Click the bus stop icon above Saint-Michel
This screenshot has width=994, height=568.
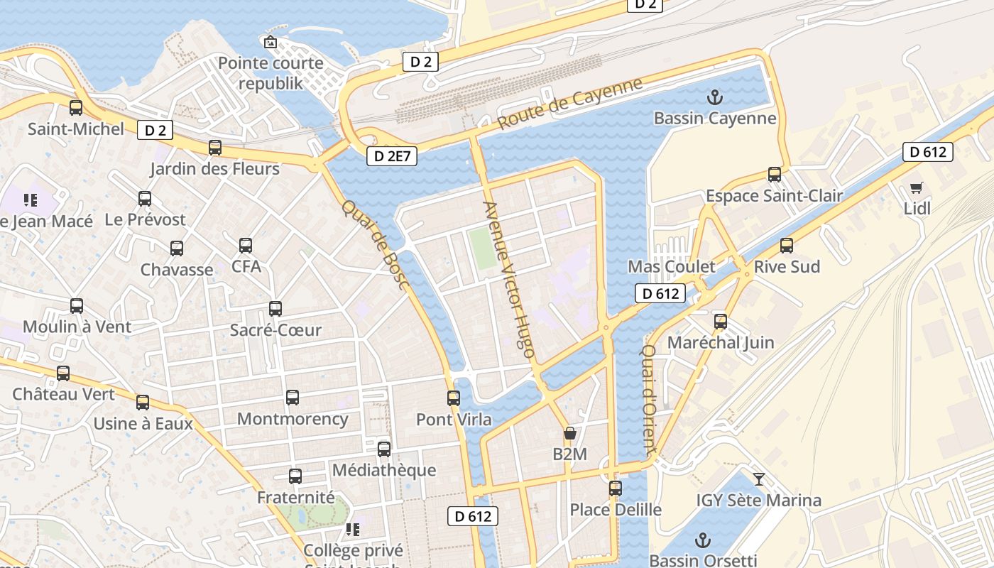pos(76,108)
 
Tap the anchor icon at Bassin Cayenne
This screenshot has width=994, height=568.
pos(715,97)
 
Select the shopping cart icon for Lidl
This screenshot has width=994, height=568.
pos(917,188)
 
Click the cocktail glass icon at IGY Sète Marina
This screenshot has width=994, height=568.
pos(759,479)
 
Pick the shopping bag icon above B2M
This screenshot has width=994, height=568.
pos(569,433)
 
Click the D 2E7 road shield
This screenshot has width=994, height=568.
pos(392,156)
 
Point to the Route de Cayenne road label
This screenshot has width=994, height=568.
pos(569,104)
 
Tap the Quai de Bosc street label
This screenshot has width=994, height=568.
pos(376,245)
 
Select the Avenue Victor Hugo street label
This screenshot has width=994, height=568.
pos(508,274)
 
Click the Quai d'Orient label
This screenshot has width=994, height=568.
pos(648,399)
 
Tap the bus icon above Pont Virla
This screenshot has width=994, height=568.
pos(454,398)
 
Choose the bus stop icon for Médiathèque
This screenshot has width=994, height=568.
pos(384,449)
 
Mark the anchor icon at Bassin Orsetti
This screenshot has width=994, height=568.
pos(703,540)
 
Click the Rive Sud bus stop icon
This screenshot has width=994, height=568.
pos(787,246)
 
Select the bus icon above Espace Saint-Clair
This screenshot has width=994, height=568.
pos(775,175)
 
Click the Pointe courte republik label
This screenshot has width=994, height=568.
pos(271,73)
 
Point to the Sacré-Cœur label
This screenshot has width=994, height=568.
pos(275,330)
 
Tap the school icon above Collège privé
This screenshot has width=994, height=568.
pos(353,530)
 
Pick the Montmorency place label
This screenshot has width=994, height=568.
pos(293,419)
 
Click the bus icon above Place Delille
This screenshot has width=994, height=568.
pos(616,488)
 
